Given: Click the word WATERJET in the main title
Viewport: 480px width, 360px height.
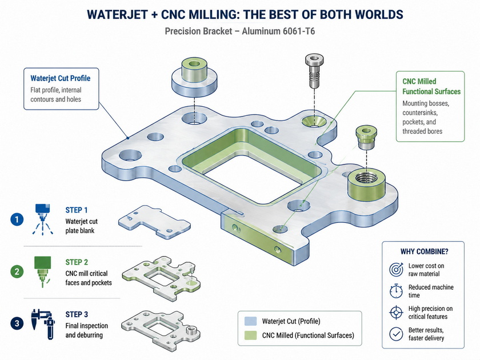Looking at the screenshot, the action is (117, 15).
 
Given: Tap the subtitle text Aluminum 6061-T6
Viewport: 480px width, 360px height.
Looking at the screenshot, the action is (278, 31).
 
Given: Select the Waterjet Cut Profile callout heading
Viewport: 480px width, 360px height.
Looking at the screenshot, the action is (61, 78).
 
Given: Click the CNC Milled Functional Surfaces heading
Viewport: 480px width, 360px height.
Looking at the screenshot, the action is (431, 86).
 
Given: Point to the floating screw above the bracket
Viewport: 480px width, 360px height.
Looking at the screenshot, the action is (314, 70).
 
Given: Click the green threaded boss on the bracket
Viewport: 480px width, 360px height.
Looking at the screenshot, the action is (366, 185).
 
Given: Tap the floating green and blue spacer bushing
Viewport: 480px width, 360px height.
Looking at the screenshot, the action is (194, 75).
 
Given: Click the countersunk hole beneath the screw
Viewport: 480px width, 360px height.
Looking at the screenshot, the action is (314, 121).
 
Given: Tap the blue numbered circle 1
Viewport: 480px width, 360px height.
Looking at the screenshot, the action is (17, 219).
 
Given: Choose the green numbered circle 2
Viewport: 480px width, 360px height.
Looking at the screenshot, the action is (17, 271).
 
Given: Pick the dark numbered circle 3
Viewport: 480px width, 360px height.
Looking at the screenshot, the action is (17, 323).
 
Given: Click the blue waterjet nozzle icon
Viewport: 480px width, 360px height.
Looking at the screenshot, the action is (42, 219).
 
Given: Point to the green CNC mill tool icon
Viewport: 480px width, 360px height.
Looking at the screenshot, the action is (42, 271).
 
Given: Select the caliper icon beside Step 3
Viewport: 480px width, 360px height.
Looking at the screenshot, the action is (43, 324).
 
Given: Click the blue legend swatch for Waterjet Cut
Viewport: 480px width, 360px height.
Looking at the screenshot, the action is (250, 321).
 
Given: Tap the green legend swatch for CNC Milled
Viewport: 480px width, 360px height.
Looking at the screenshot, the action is (250, 335).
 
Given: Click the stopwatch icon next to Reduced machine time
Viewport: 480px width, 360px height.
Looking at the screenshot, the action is (396, 291).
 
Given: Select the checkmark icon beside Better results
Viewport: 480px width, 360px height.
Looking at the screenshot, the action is (396, 334).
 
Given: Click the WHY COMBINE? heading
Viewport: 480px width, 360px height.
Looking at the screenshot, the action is (424, 251).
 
